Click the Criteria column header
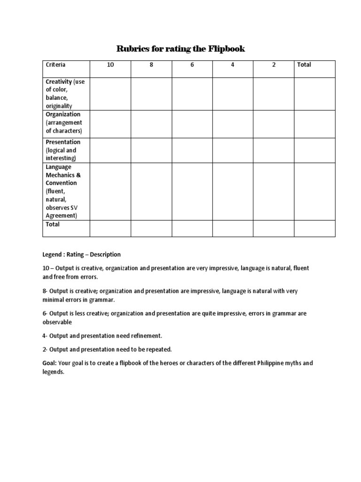tap(55, 65)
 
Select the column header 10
tap(110, 65)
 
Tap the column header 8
tap(151, 65)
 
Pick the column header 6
tap(192, 65)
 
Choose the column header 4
tap(233, 65)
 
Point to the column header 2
tap(274, 65)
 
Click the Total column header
tap(304, 65)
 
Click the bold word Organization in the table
tap(63, 114)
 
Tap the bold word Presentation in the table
tap(63, 142)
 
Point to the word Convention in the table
tap(61, 183)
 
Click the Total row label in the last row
tap(53, 225)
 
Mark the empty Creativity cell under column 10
tap(110, 94)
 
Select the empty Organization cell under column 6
tap(192, 124)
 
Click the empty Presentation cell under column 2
tap(274, 150)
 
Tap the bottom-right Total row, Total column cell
tap(314, 228)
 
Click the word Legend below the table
tap(53, 255)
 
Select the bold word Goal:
tap(50, 363)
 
